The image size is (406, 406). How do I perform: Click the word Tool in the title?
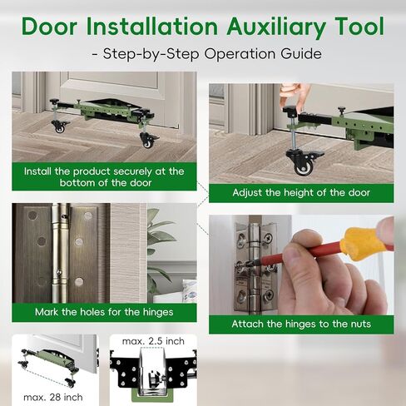(354, 26)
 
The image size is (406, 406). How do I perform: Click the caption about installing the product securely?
(104, 176)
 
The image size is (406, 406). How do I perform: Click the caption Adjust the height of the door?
(300, 193)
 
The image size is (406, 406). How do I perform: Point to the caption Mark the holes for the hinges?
(104, 312)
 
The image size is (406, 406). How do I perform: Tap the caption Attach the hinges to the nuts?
(300, 324)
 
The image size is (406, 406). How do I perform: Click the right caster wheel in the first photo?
(148, 139)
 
